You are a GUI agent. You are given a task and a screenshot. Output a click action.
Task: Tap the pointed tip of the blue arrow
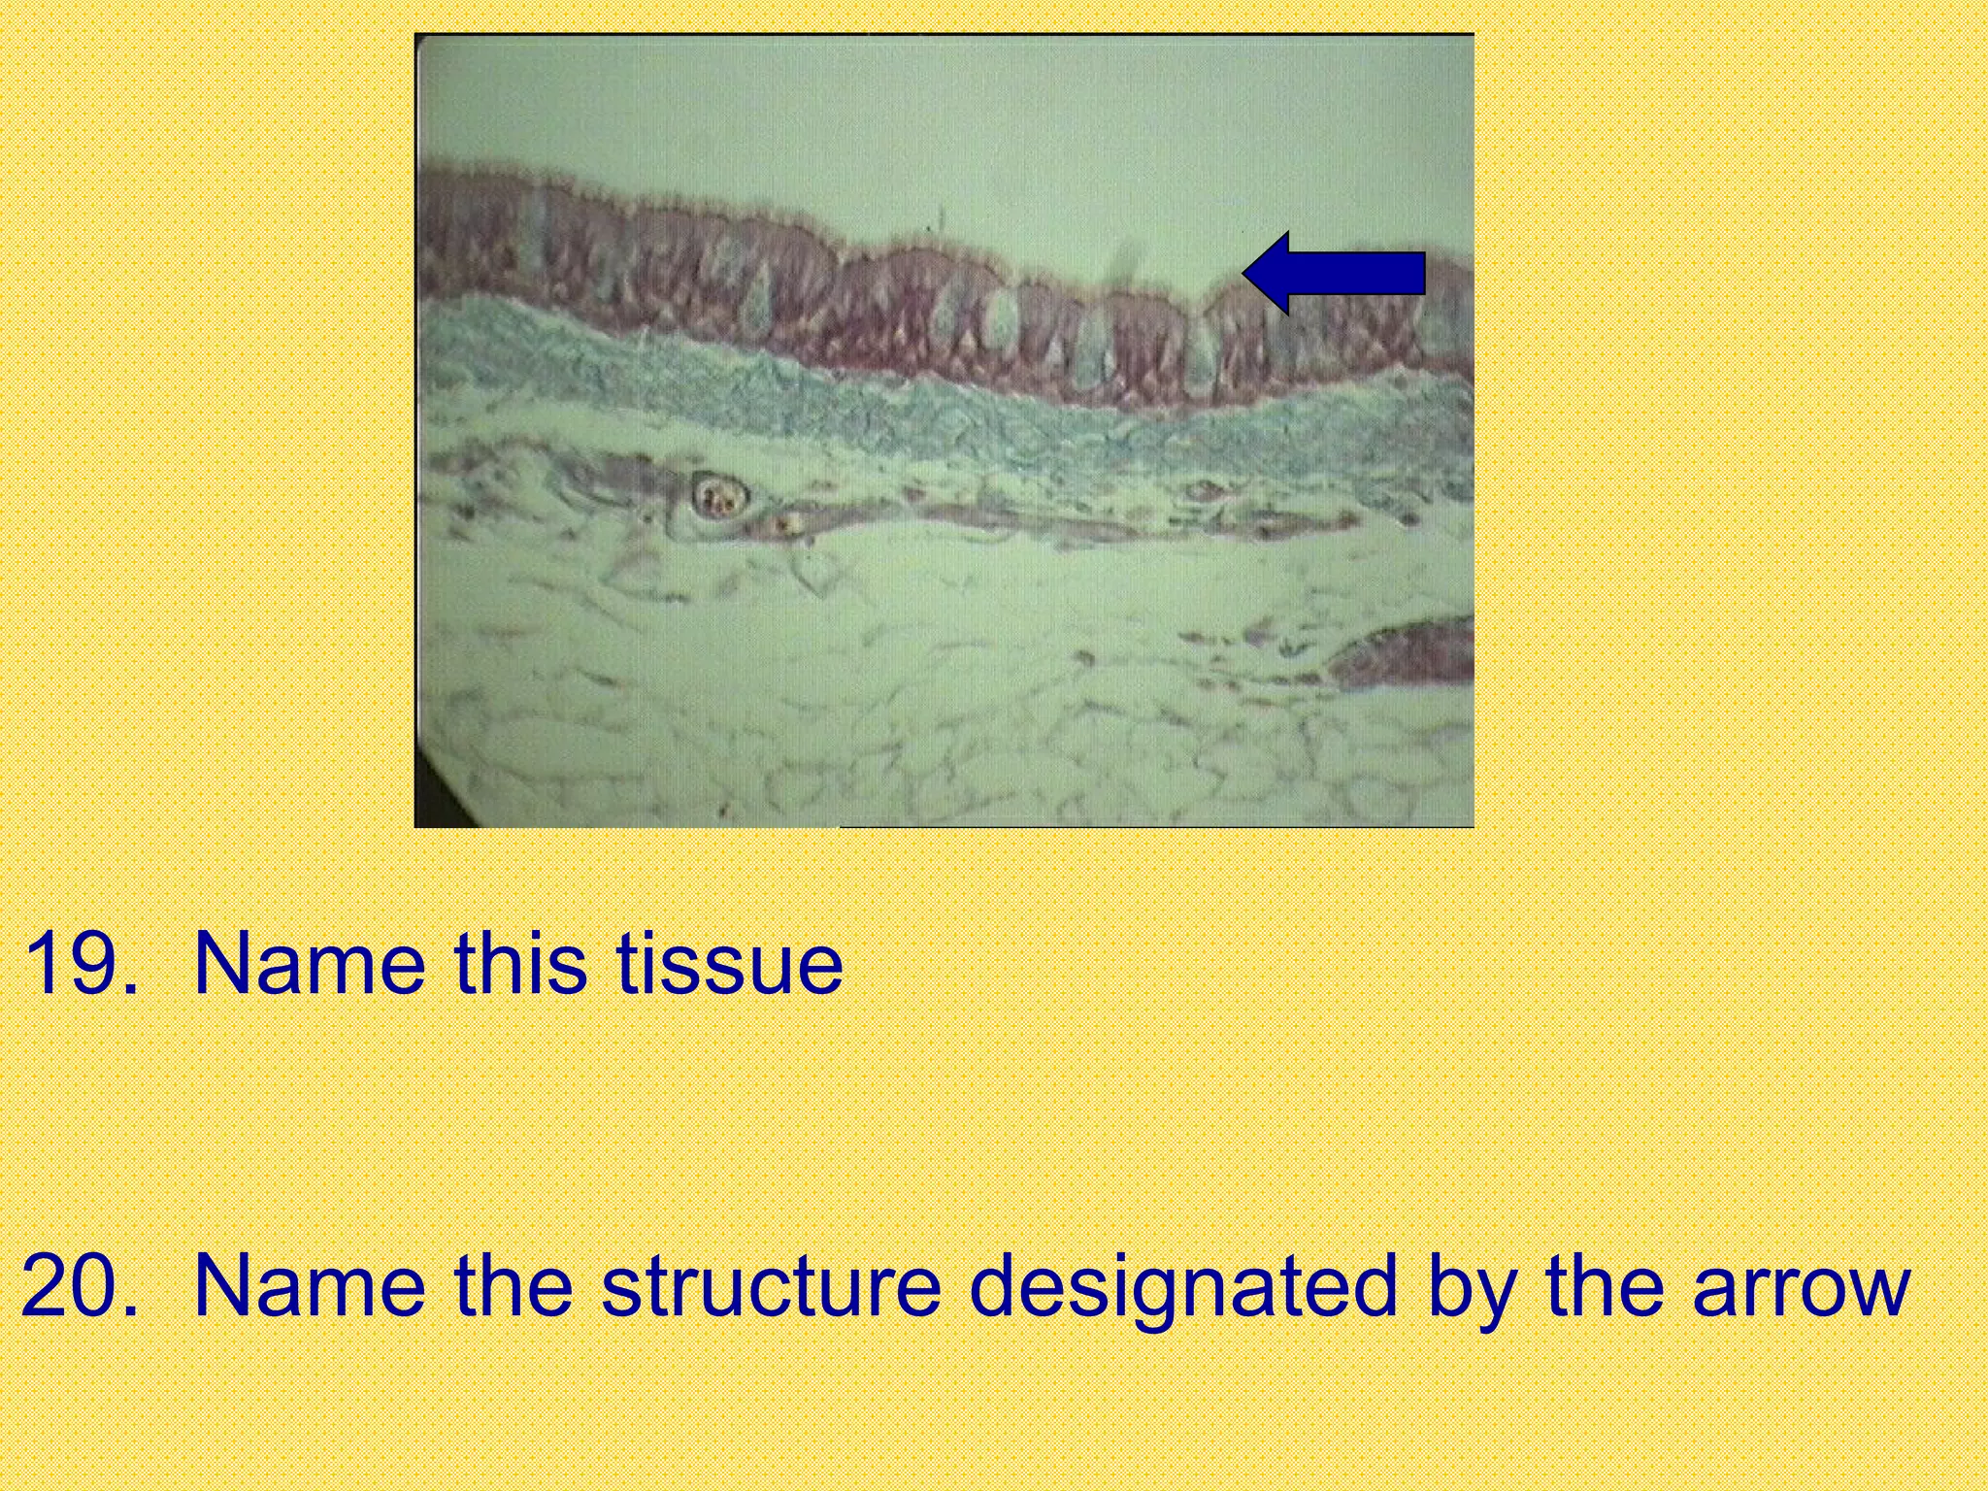click(1246, 273)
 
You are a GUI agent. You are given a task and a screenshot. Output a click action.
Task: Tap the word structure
click(771, 1286)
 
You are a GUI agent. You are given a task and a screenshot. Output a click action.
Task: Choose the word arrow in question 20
click(1801, 1286)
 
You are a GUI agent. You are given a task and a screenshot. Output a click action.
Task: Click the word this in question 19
click(520, 964)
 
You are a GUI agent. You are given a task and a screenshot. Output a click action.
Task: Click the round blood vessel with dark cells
click(719, 497)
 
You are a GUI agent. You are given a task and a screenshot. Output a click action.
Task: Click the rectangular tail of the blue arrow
click(1369, 273)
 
